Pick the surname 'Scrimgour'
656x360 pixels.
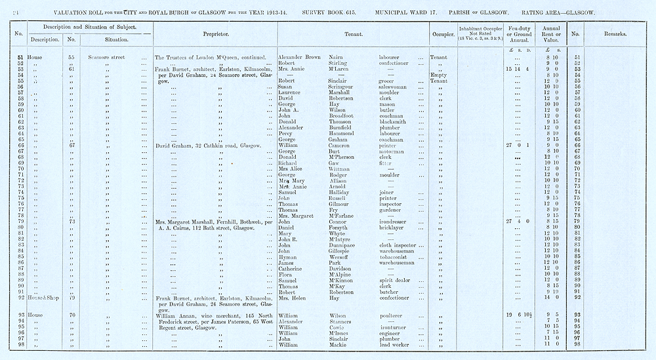[339, 87]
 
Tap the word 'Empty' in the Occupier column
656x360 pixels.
[440, 75]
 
